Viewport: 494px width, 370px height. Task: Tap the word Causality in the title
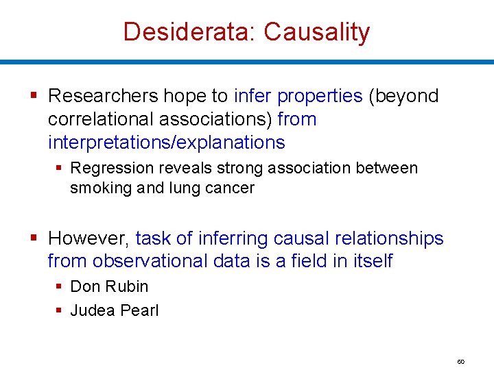pos(316,32)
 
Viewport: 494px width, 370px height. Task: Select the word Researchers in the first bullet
pos(104,96)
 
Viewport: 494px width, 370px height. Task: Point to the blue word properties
pos(320,96)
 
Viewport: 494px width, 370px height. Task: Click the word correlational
pos(101,119)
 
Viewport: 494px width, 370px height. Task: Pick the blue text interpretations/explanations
pos(166,143)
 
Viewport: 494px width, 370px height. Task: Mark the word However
pos(87,238)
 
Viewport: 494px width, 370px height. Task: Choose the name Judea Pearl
pos(115,310)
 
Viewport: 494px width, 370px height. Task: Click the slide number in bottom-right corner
pos(460,361)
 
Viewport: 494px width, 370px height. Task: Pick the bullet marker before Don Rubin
pos(60,286)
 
